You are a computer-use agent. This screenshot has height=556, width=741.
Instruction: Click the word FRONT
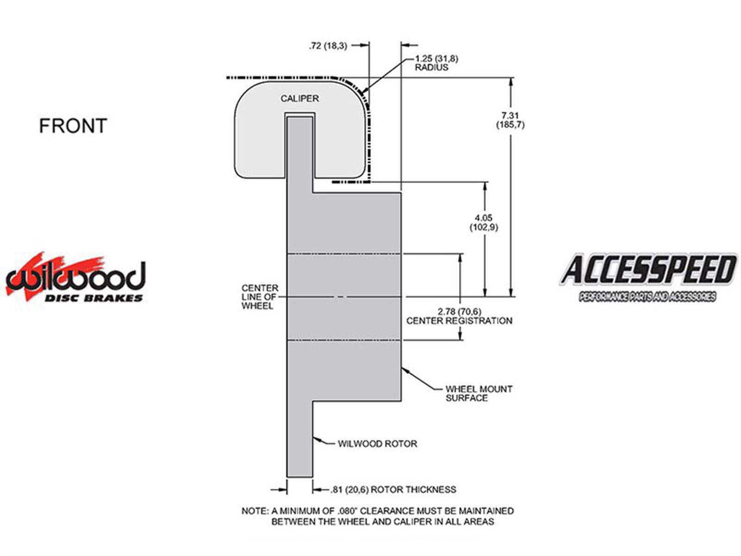(73, 126)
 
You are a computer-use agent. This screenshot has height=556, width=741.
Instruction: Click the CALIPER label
(300, 99)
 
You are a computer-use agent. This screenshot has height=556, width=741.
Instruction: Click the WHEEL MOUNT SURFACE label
(479, 393)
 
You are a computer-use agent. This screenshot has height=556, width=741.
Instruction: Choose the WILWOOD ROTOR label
(377, 443)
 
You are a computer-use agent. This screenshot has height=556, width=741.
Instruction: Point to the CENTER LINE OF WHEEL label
(260, 297)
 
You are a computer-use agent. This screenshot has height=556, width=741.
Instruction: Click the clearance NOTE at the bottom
(378, 516)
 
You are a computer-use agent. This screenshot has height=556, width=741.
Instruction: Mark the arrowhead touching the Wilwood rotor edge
(317, 439)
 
